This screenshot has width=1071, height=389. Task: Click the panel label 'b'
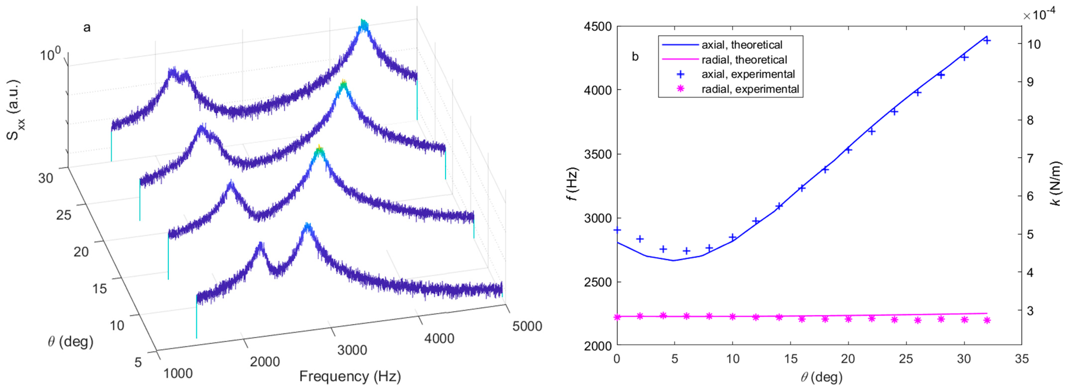pos(635,57)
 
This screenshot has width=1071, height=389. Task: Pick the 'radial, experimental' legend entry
pos(750,89)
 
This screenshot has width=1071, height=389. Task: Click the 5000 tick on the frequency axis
pos(527,326)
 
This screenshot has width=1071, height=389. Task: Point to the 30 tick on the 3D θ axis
pos(46,178)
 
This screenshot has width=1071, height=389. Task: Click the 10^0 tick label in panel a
pos(50,54)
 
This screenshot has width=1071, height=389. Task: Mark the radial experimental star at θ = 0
pos(617,317)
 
